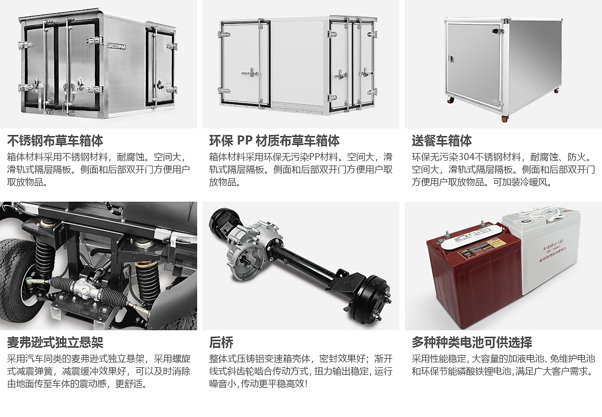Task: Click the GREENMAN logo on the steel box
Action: coord(116,46)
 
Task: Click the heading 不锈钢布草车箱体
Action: coord(55,141)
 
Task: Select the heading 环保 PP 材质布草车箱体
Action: coord(274,141)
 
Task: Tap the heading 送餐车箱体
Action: coord(441,141)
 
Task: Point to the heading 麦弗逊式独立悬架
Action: coord(55,342)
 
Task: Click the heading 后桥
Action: coord(221,342)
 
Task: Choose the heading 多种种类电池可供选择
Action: coord(472,342)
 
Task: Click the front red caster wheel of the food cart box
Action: coord(505,118)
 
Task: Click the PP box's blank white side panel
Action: coord(299,62)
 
